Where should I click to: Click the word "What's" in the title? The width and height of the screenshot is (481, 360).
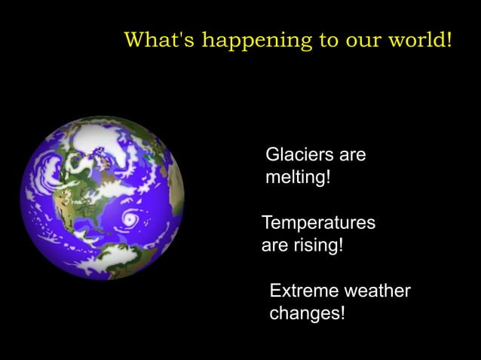click(x=151, y=39)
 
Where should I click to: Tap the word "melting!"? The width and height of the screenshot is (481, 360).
click(x=299, y=179)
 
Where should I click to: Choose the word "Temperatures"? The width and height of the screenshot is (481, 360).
click(x=318, y=224)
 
